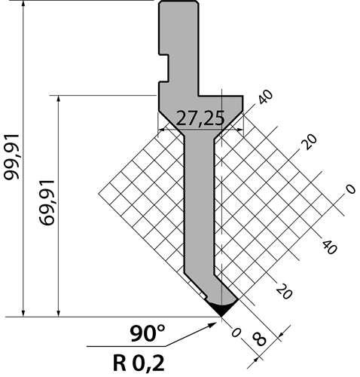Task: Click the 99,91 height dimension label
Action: [x=11, y=157]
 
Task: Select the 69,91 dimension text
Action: [x=47, y=202]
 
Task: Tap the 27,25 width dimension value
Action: [x=200, y=118]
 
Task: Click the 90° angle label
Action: [x=148, y=333]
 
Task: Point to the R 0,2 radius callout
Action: [x=139, y=363]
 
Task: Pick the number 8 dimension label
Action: [x=258, y=339]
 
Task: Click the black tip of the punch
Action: [x=221, y=309]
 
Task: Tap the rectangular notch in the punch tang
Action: [x=163, y=68]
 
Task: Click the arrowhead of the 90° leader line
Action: [x=213, y=325]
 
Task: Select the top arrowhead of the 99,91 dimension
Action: [x=23, y=5]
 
